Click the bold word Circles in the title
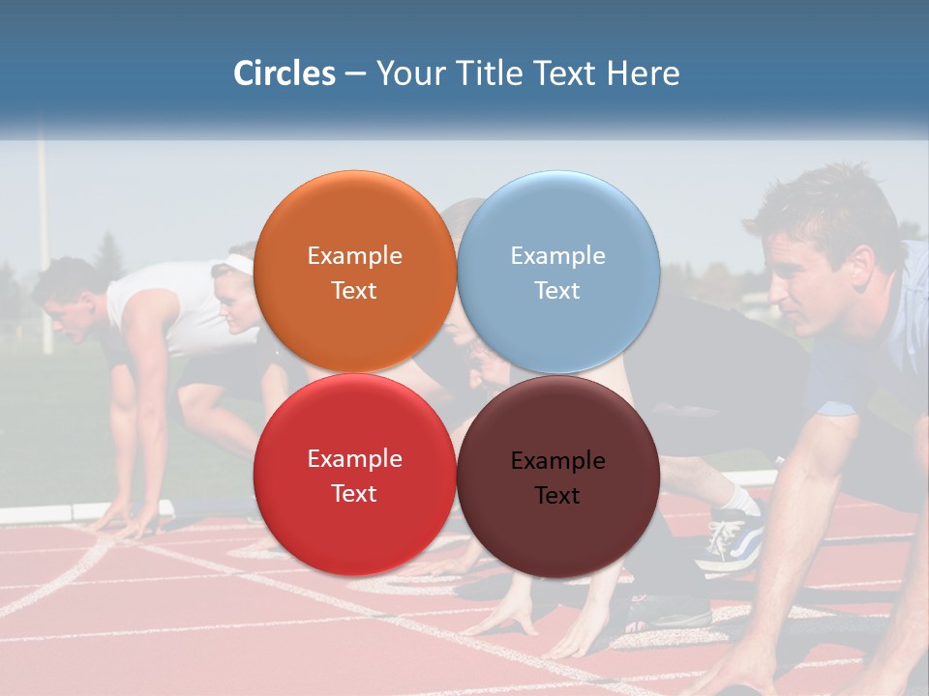coord(285,73)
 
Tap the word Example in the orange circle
coord(354,256)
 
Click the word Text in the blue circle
coord(557,291)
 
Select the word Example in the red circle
coord(354,459)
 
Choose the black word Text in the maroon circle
coord(557,496)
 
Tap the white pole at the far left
coord(44,242)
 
